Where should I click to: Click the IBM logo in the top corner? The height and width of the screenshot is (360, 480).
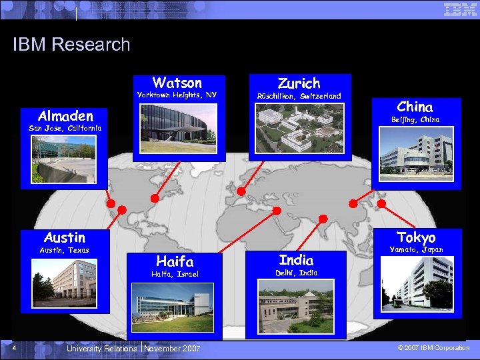tap(460, 9)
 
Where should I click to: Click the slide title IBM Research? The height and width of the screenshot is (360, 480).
tap(71, 45)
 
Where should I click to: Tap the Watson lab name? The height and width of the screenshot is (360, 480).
tap(177, 83)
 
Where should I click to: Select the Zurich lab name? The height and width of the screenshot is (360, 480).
tap(299, 83)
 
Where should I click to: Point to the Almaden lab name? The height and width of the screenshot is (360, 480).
tap(65, 116)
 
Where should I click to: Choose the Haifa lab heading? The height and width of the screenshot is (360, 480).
tap(175, 261)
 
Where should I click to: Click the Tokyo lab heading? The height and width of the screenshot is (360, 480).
tap(416, 238)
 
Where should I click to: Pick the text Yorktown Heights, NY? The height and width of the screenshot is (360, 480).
tap(177, 95)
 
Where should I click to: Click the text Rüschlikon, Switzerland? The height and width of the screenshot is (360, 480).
tap(299, 96)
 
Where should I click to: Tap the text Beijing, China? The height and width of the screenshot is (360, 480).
tap(415, 119)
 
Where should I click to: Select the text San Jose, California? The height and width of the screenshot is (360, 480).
tap(65, 127)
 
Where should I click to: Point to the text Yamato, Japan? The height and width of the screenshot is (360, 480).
tap(416, 249)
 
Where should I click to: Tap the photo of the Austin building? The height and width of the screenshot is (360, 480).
tap(65, 280)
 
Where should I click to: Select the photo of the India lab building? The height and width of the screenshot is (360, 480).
tap(296, 306)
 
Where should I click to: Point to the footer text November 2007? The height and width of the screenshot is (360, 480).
tap(171, 349)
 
